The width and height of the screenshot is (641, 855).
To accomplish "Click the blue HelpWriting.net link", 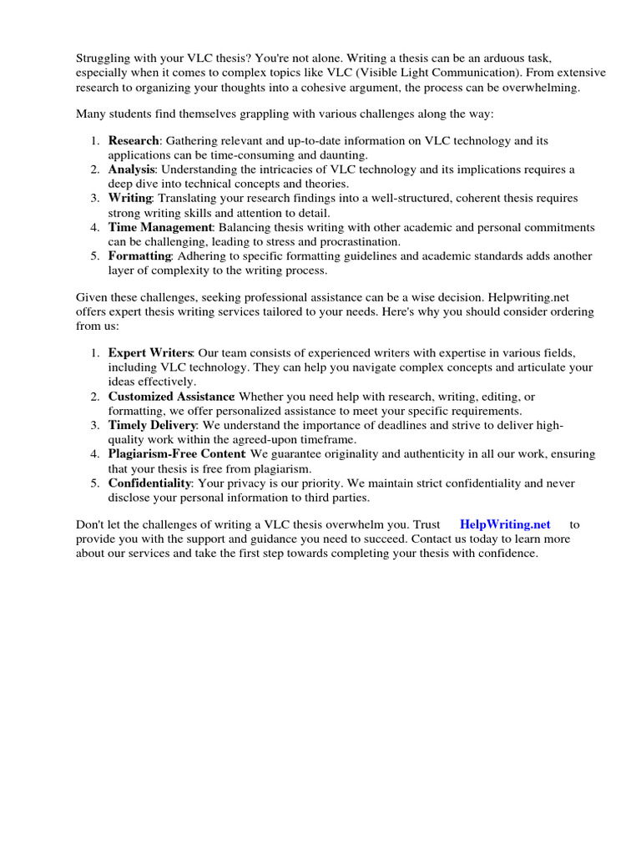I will [x=505, y=524].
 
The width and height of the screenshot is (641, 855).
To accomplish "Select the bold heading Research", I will [x=133, y=141].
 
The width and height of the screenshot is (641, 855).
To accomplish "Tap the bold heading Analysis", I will [x=131, y=169].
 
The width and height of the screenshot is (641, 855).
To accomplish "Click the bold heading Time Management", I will [x=160, y=227].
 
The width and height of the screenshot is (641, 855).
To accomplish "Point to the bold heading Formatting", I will [x=139, y=255].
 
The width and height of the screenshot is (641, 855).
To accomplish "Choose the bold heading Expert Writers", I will [x=150, y=353].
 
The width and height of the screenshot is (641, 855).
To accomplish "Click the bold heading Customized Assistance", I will [x=171, y=397].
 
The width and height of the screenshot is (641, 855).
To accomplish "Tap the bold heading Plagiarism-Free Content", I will [x=176, y=454].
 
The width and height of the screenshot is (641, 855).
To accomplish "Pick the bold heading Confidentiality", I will [x=149, y=483].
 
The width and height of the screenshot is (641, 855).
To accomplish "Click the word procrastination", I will [x=345, y=241].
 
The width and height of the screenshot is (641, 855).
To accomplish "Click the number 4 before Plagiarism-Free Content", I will [x=94, y=454].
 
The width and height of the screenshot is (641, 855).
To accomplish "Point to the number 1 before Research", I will [x=94, y=141].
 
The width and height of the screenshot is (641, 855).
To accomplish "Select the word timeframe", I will [x=328, y=439].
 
